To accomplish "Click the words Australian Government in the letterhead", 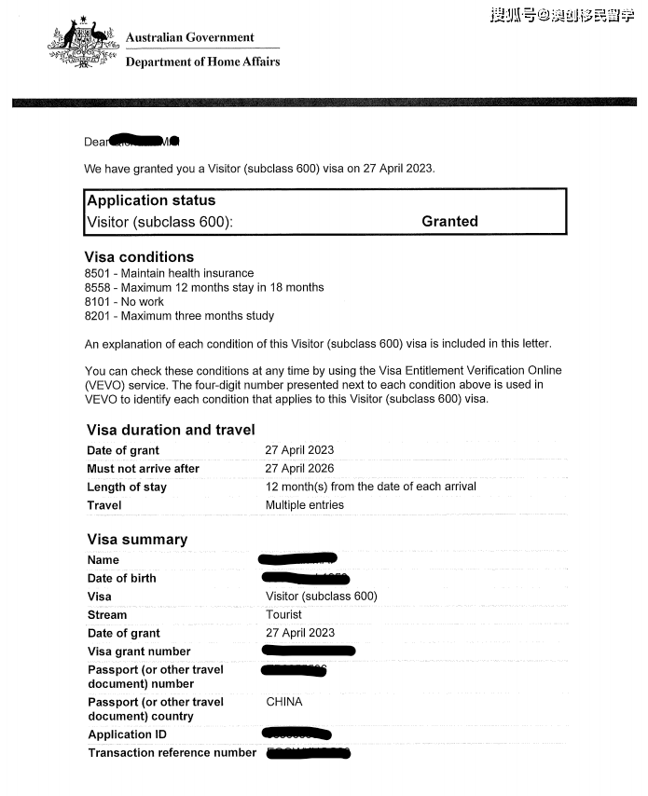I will point(189,37).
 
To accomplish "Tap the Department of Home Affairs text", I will point(202,62).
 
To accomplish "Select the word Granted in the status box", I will point(449,221).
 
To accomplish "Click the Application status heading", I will point(150,200).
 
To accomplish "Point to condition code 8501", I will point(97,273).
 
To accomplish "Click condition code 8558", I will point(97,287).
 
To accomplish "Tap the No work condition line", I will point(124,302).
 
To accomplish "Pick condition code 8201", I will point(97,316).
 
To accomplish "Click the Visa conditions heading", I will point(139,256).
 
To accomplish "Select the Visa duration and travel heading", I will point(171,430).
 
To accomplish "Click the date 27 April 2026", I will point(299,468).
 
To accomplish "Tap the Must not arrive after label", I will point(143,469).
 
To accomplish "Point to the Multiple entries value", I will point(304,504).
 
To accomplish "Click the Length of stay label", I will point(127,487).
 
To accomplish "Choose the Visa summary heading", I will point(137,540).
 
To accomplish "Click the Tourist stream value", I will point(283,614).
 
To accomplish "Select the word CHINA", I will point(284,702).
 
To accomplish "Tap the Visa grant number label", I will point(139,652).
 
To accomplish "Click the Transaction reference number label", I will point(172,752).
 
